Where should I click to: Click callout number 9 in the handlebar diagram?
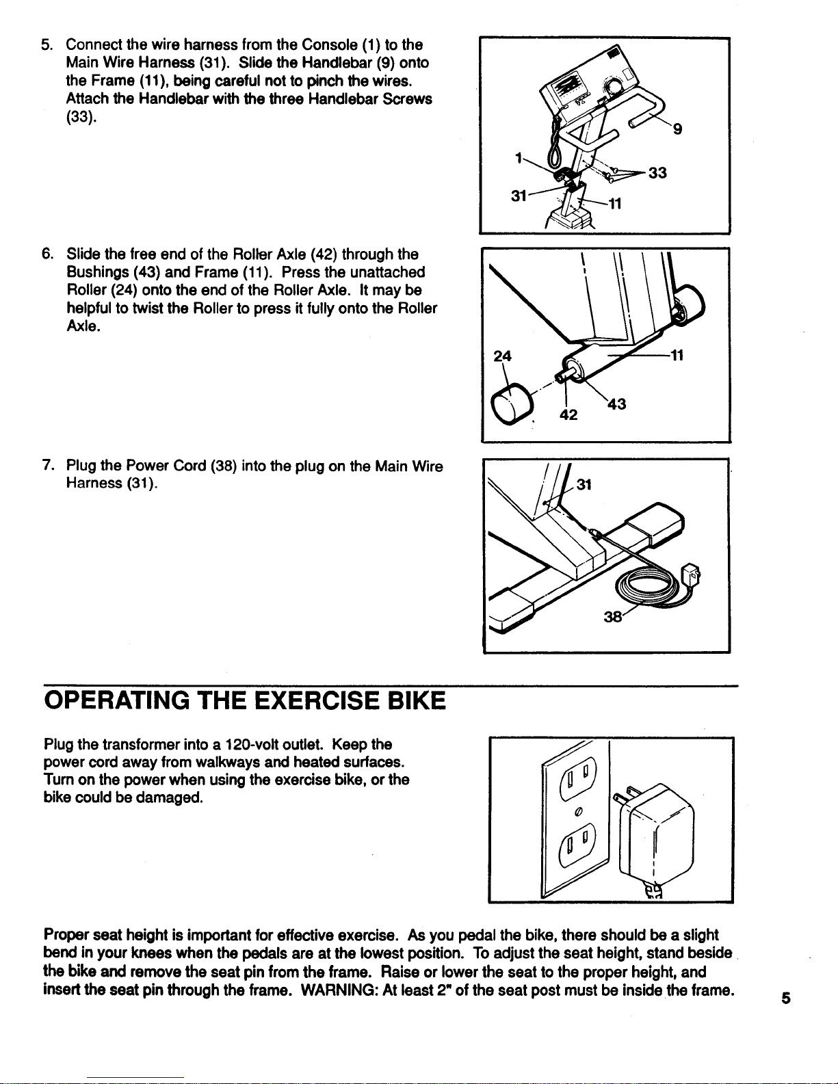[x=677, y=129]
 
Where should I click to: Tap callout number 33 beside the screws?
[x=657, y=174]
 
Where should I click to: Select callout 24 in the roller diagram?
[x=503, y=357]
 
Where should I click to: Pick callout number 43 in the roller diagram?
[x=617, y=405]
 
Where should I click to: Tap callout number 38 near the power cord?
[x=612, y=618]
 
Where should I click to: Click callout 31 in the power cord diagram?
[x=584, y=485]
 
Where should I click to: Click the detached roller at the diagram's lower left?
[x=513, y=402]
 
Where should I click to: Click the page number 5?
[x=786, y=998]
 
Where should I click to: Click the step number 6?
[x=47, y=255]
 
